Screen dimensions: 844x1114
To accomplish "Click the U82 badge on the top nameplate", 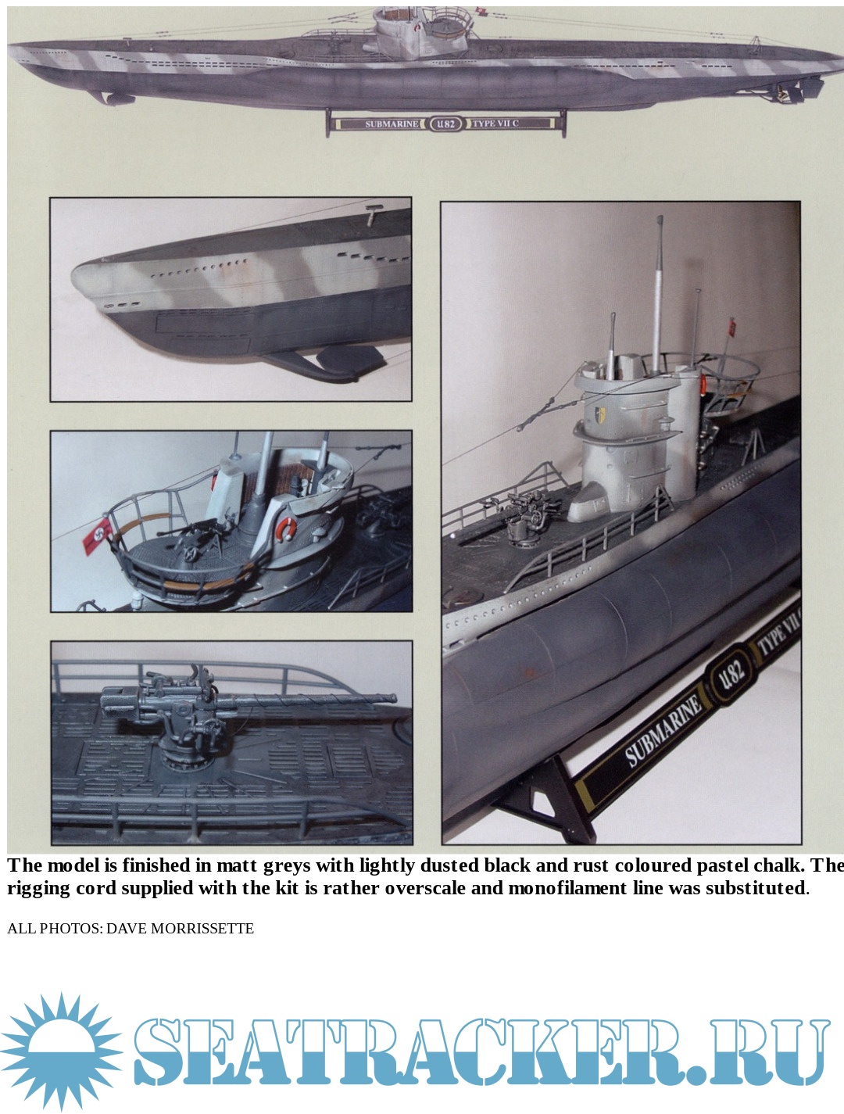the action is [x=445, y=124].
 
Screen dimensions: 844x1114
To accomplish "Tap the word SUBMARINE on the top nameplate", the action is [x=392, y=124].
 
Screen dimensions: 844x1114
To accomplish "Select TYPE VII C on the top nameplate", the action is [x=495, y=124].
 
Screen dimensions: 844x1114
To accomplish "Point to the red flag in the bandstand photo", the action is [x=98, y=536].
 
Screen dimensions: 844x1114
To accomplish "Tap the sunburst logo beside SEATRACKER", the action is [x=60, y=1050].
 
